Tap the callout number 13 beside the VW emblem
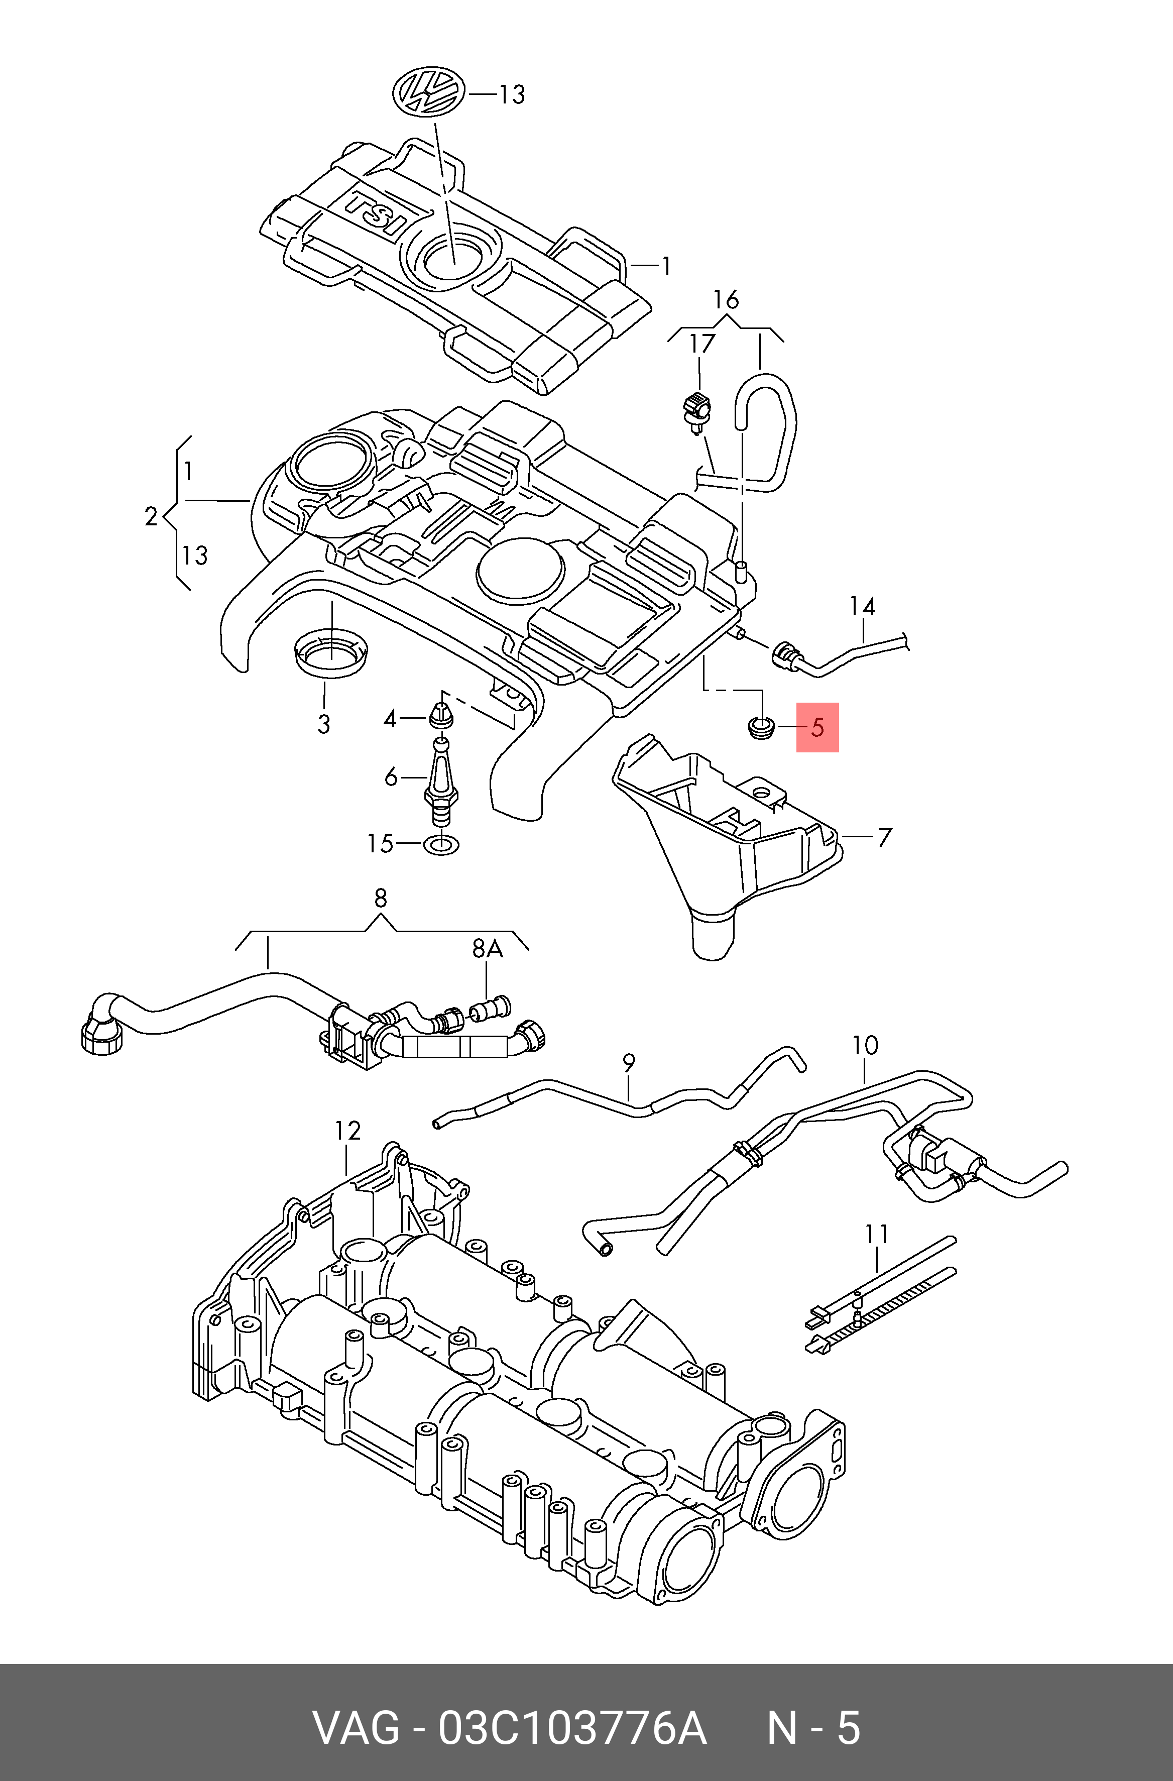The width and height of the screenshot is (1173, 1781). point(513,94)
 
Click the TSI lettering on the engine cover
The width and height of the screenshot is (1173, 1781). point(378,214)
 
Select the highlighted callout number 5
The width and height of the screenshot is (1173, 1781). point(817,727)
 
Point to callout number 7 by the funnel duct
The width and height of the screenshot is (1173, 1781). point(884,837)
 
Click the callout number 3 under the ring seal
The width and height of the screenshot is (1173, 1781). point(323,724)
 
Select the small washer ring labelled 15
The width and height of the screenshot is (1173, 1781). point(441,845)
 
